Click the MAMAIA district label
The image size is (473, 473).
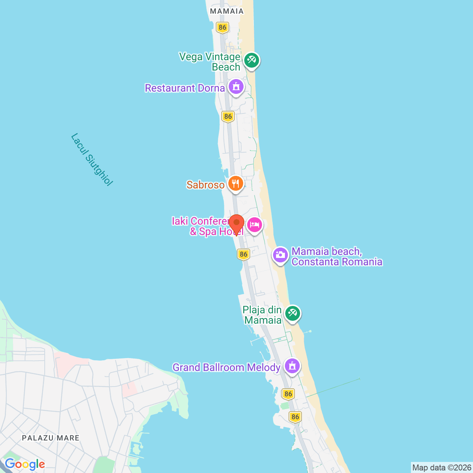[x=227, y=11]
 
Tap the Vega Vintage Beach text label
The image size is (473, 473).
[x=210, y=62]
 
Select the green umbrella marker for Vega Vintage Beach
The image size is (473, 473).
[x=252, y=60]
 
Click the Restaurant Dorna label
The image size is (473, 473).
[x=185, y=88]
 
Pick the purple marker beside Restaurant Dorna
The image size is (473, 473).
[x=236, y=87]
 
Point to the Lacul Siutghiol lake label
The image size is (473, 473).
[x=92, y=159]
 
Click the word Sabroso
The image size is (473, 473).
[x=205, y=185]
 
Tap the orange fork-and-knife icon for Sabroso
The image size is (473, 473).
[x=235, y=183]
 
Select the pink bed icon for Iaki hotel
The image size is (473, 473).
[x=255, y=225]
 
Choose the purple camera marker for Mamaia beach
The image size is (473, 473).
[x=280, y=255]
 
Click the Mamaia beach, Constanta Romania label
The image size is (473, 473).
[x=337, y=256]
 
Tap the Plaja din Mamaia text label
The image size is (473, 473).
[x=262, y=315]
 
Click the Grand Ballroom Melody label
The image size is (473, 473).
[x=227, y=367]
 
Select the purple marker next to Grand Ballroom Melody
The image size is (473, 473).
[x=292, y=366]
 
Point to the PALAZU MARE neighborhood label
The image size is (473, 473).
[x=51, y=438]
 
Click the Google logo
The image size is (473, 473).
[x=25, y=464]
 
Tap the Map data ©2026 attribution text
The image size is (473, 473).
[x=442, y=467]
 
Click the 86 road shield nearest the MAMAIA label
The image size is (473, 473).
[x=222, y=27]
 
